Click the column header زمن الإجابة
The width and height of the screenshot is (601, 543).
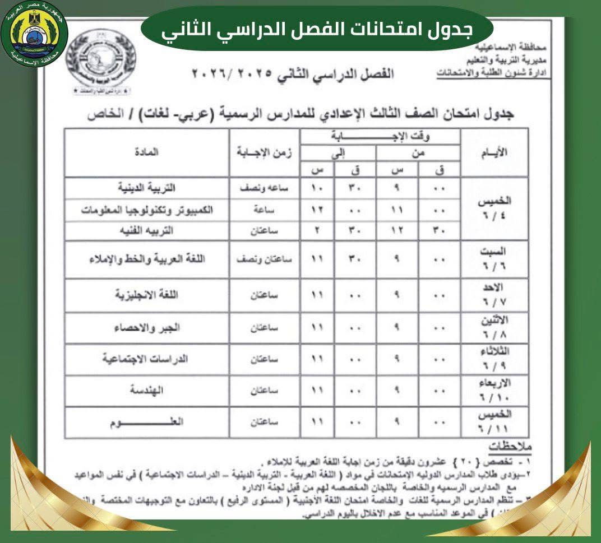coord(265,153)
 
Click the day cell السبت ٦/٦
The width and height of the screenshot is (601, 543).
coord(494,259)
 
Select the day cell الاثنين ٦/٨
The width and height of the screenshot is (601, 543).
coord(494,328)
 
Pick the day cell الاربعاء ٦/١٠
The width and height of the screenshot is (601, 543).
coord(494,391)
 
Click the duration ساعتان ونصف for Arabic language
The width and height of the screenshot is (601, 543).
coord(264,259)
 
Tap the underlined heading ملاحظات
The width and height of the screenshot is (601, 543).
coord(510,447)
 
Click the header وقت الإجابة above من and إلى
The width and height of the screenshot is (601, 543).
coord(380,136)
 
